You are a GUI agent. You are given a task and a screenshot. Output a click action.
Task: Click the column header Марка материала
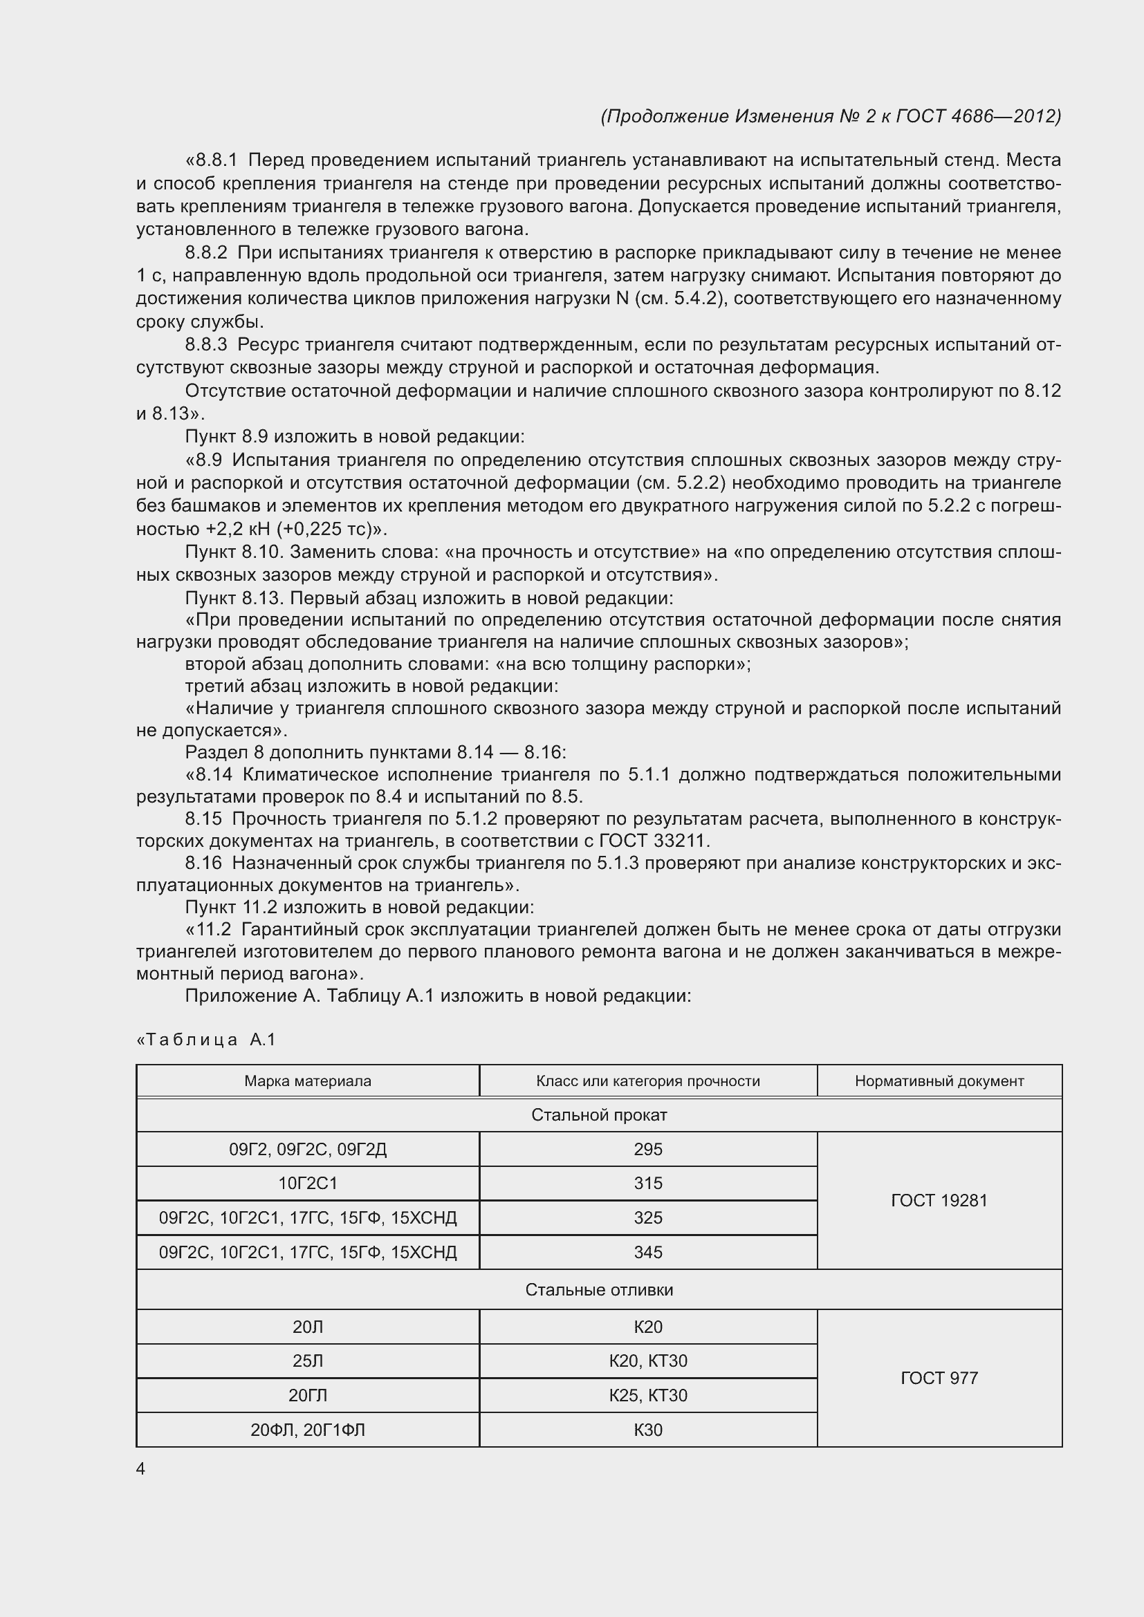point(308,1081)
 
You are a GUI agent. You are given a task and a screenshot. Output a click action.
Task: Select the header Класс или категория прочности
point(647,1081)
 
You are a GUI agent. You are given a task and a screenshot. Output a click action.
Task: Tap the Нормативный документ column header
point(939,1081)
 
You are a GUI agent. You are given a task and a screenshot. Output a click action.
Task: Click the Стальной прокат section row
point(599,1115)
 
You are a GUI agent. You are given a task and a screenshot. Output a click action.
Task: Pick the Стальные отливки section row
point(599,1289)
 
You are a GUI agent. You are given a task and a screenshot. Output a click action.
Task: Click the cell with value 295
point(647,1150)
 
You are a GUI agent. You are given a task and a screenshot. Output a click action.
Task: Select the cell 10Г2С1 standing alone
point(308,1183)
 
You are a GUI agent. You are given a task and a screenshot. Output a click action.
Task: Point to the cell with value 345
point(647,1252)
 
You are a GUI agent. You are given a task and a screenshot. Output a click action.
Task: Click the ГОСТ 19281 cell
point(939,1200)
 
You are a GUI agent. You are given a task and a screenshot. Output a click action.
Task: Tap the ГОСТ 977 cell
point(939,1378)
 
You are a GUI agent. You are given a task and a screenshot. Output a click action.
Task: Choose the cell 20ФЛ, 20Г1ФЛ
point(308,1430)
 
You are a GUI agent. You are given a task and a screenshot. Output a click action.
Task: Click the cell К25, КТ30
point(647,1395)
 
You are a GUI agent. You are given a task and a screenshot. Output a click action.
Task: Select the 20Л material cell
point(308,1327)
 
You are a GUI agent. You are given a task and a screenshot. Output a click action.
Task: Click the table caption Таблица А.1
point(206,1040)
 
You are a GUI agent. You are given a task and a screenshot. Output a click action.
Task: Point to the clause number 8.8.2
point(206,253)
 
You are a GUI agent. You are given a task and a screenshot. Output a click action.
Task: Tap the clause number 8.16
point(203,863)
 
